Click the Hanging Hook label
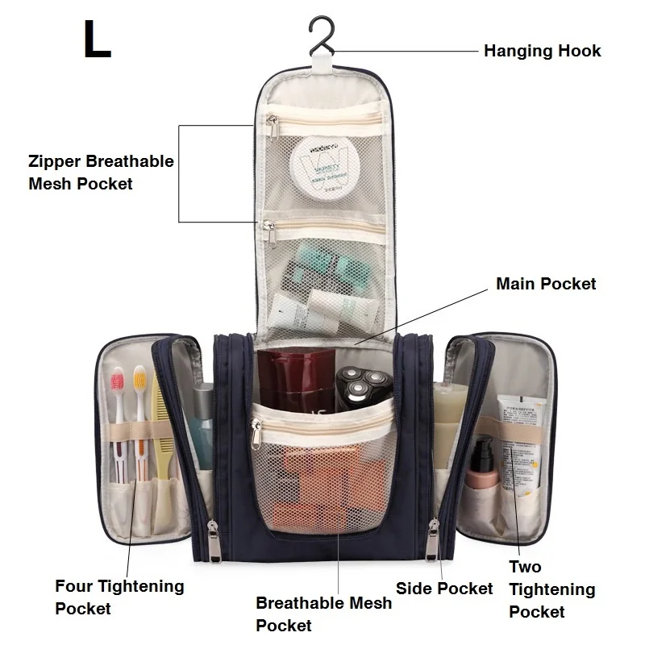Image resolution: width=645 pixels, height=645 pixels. pyautogui.click(x=542, y=51)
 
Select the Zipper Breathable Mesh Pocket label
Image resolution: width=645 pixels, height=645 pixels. pyautogui.click(x=101, y=172)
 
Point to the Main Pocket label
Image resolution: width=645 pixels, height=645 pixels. pyautogui.click(x=546, y=284)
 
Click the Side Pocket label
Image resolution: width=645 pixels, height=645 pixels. pyautogui.click(x=444, y=589)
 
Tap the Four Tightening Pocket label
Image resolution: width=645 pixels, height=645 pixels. pyautogui.click(x=119, y=597)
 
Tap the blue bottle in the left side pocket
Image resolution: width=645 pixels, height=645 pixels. pyautogui.click(x=201, y=415)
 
